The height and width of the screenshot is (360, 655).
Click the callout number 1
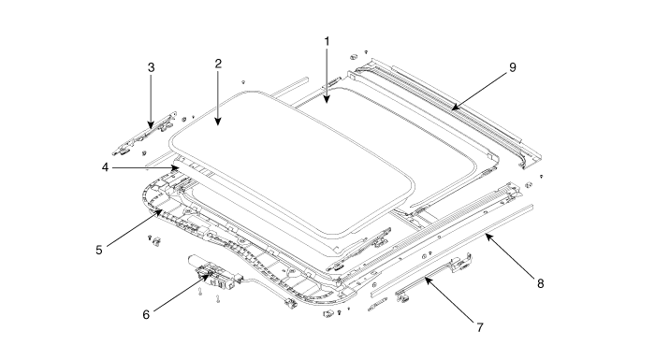(327, 41)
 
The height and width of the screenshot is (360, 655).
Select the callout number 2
(218, 64)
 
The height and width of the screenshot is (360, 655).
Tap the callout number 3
(152, 67)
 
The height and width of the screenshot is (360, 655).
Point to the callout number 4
(105, 167)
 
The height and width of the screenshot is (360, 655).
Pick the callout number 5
(99, 250)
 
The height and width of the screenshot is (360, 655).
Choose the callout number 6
(146, 314)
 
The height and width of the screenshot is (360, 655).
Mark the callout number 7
(480, 327)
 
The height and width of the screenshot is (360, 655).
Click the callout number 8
(541, 283)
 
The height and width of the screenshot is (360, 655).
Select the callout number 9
(513, 67)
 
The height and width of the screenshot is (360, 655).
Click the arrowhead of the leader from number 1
(327, 100)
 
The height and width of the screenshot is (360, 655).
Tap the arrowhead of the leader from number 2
(218, 122)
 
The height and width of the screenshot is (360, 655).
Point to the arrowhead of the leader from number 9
(455, 107)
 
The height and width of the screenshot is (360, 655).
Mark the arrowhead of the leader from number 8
(488, 237)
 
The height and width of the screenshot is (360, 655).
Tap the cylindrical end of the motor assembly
(196, 259)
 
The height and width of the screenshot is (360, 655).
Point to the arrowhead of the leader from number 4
(178, 167)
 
